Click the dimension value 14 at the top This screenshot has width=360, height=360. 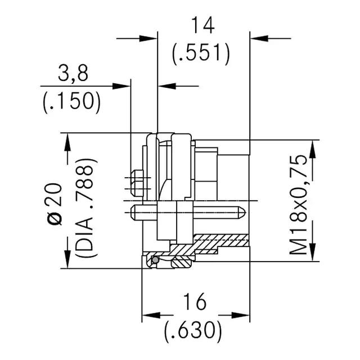[x=203, y=25]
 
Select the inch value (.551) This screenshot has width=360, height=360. [x=201, y=53]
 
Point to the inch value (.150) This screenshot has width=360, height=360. [x=71, y=102]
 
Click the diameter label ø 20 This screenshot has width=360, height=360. [x=55, y=204]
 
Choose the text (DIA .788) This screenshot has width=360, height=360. [x=86, y=208]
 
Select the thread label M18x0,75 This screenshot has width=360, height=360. [x=298, y=205]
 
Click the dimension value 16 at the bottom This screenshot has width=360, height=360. [x=195, y=301]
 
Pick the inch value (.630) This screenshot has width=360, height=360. [x=193, y=330]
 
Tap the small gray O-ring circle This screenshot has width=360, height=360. [x=155, y=260]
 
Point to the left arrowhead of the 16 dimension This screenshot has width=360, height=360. [x=151, y=315]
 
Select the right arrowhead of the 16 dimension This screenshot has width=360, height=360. [x=240, y=315]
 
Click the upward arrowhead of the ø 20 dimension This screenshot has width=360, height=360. [x=67, y=142]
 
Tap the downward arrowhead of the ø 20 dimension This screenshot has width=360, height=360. [x=67, y=259]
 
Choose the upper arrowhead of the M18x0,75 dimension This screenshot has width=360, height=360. [x=313, y=149]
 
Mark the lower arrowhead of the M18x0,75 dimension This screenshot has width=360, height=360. [x=313, y=252]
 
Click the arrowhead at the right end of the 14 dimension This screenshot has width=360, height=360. [x=259, y=38]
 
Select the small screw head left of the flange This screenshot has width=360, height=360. [x=137, y=183]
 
